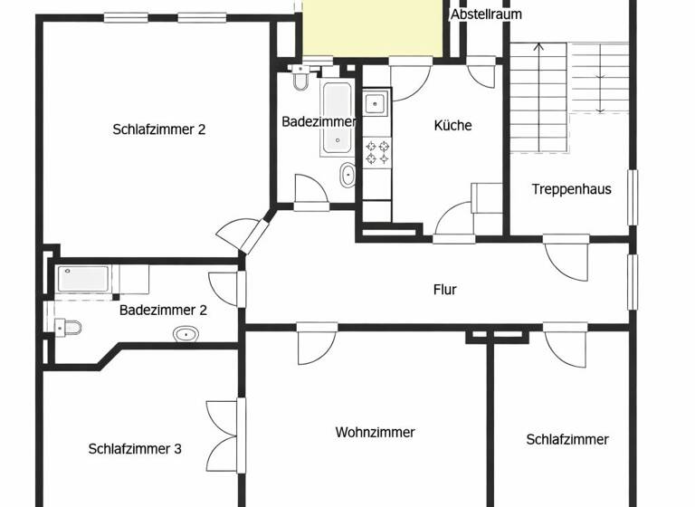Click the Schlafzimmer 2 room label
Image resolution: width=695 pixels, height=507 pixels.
(x=159, y=129)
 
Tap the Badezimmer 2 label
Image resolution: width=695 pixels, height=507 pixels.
(x=163, y=310)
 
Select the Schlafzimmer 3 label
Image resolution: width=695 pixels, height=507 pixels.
(x=135, y=448)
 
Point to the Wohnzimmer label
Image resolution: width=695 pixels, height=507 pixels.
(x=375, y=432)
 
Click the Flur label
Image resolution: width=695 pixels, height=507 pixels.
(x=444, y=290)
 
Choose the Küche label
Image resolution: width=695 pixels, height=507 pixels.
(x=452, y=126)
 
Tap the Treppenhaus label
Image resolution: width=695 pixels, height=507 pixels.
(x=571, y=189)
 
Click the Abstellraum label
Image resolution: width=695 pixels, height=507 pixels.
(x=486, y=14)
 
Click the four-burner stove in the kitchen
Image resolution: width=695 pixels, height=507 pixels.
(x=376, y=151)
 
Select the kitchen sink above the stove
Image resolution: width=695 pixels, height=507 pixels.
(x=376, y=103)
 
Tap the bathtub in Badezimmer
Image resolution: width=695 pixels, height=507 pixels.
(x=337, y=117)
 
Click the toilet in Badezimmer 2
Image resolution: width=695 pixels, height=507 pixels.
(x=69, y=326)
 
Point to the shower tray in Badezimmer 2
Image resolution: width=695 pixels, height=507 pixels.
(x=85, y=279)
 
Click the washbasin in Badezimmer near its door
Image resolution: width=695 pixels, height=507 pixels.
(x=347, y=176)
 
